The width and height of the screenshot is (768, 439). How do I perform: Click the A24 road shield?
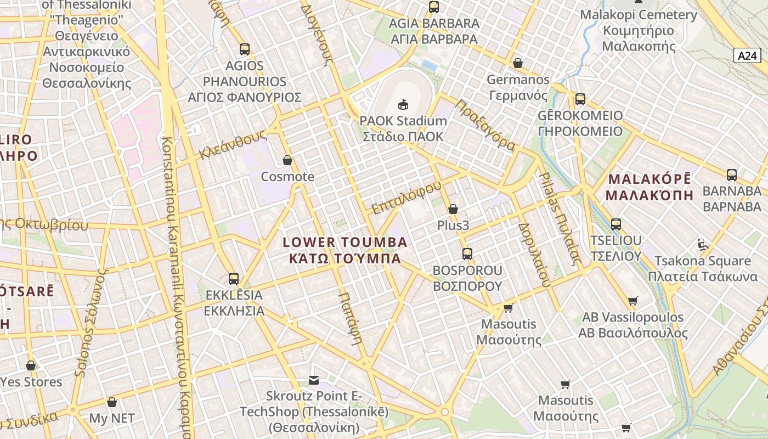coord(747,55)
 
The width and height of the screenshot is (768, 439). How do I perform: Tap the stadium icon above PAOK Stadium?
coord(403,103)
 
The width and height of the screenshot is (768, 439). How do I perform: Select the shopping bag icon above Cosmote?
coord(287,160)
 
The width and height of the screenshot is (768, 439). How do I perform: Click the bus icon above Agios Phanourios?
coord(245,49)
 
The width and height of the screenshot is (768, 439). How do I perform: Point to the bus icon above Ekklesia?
coord(234,278)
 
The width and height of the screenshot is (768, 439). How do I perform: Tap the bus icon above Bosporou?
coord(467,254)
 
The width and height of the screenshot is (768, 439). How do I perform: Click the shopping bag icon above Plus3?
coord(453,209)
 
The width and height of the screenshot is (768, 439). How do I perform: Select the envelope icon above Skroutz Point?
coord(314,380)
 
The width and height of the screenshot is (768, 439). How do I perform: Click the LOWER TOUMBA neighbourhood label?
coord(345,250)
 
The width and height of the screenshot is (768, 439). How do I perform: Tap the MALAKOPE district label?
coord(650,187)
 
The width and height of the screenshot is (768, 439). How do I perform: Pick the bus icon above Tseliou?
coord(616,224)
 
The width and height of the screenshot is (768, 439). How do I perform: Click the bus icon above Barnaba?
coord(732,175)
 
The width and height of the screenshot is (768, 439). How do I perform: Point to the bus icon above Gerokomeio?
coord(580,99)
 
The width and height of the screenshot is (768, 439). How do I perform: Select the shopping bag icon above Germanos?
coord(517,63)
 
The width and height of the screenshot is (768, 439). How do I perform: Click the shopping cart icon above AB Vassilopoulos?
coord(633,301)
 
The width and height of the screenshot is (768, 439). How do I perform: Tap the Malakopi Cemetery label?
coord(639,30)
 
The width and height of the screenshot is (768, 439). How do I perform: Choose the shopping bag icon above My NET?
coord(112,402)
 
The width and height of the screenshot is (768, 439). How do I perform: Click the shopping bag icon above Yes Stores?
coord(31,365)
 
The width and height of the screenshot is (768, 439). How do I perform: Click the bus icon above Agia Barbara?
coord(434,7)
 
